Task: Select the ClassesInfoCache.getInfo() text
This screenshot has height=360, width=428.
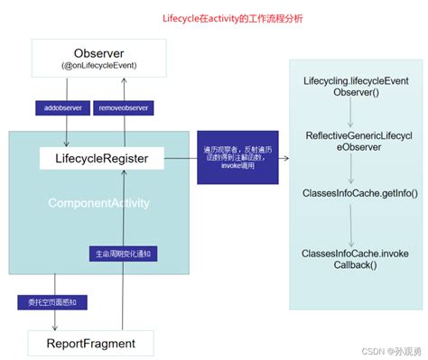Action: (351, 193)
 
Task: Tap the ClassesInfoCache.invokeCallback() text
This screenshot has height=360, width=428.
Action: (351, 260)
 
